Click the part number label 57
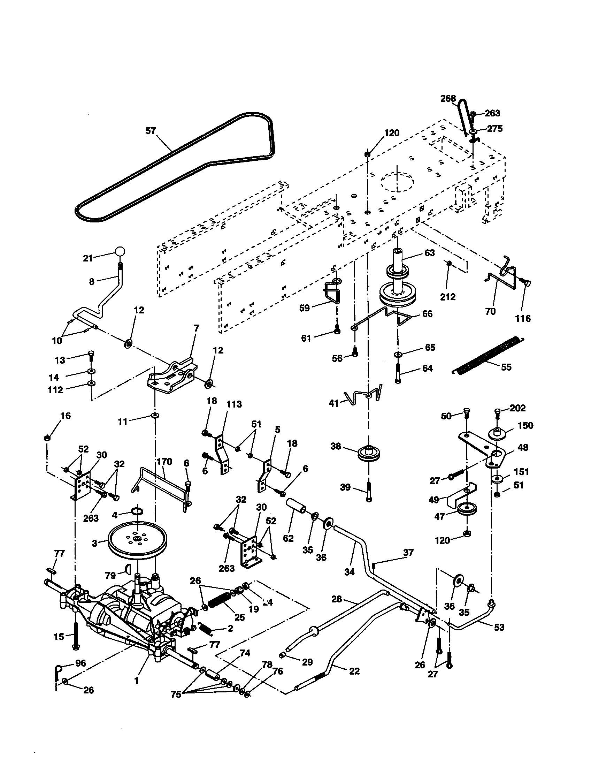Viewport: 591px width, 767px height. pos(151,131)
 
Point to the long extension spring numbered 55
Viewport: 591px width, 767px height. pos(488,354)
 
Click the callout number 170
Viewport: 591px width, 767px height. pos(164,462)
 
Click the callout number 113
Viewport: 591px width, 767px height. pos(234,404)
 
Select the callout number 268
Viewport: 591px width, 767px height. pos(448,99)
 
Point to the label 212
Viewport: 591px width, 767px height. pos(448,297)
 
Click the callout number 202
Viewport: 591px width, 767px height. pos(517,408)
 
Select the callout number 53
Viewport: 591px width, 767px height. pos(499,627)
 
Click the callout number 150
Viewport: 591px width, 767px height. pos(525,425)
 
